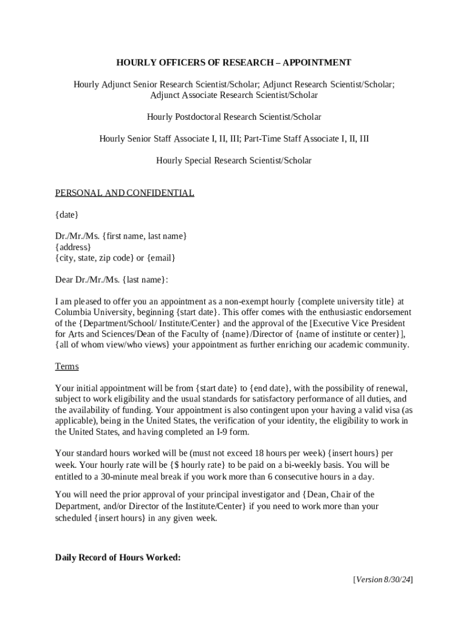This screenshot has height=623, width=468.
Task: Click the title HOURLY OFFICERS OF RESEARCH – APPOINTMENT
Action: point(234,63)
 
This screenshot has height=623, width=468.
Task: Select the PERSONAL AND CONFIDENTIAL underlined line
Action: point(125,193)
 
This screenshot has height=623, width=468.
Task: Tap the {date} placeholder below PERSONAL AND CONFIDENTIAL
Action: point(67,214)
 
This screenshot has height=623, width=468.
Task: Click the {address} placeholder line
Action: point(73,247)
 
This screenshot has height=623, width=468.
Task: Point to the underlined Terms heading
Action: point(67,367)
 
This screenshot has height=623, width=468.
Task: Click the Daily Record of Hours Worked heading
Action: point(118,557)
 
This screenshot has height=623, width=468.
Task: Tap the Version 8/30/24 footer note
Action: point(383,579)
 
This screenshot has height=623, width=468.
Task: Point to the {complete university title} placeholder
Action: point(346,301)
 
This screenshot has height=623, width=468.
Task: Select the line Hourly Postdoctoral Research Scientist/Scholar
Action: point(234,117)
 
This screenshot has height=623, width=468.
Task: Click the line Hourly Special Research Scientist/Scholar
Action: point(234,161)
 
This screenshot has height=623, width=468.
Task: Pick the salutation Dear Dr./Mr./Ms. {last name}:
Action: point(112,280)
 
